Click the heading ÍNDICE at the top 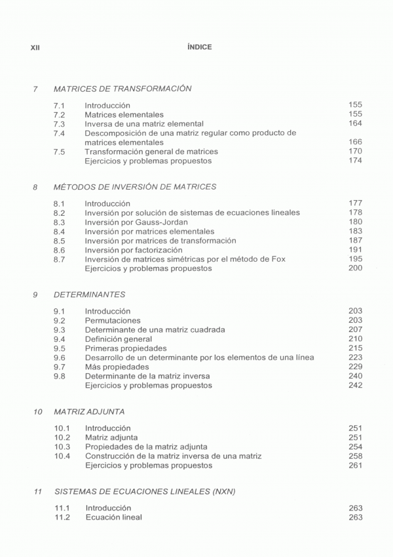pos(199,47)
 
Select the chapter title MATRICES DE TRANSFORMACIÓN pos(122,89)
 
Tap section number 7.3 pos(59,123)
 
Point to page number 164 pos(356,123)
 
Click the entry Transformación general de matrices pos(151,152)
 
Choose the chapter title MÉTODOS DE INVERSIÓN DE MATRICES pos(135,187)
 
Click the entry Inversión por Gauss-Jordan pos(136,222)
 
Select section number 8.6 pos(59,250)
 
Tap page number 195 pos(356,259)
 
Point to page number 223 pos(356,358)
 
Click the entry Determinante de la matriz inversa pos(153,377)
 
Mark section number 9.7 pos(59,367)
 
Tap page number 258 pos(356,456)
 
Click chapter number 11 pos(37,490)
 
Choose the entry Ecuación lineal pos(113,517)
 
